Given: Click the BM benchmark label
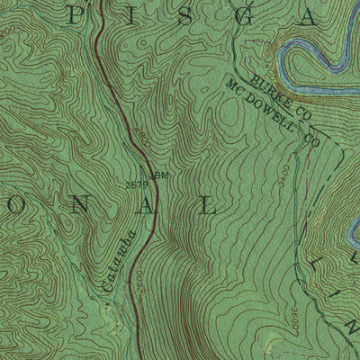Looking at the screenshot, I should pos(161,175).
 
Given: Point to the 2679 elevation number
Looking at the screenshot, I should pos(138,185).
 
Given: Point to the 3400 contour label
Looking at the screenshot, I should pos(310,171).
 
